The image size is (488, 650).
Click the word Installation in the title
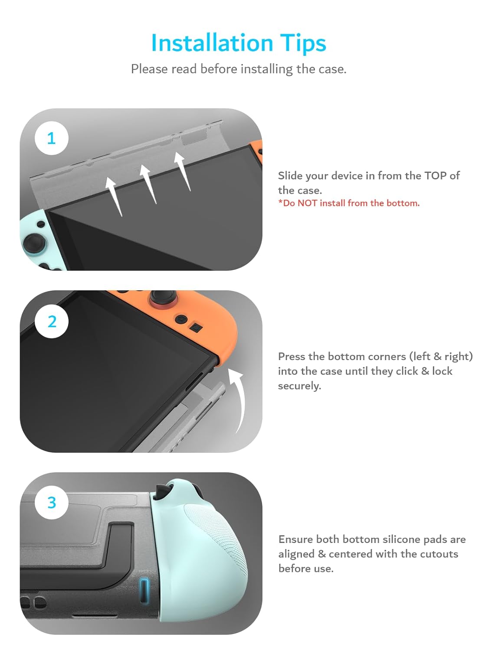(x=212, y=43)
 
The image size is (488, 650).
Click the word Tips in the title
(x=303, y=44)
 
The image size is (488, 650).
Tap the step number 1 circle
(x=52, y=138)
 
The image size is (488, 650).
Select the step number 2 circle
(x=52, y=321)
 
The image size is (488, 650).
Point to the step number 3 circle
(x=52, y=502)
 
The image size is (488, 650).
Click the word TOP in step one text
(x=435, y=175)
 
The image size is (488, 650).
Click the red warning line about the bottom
(x=349, y=203)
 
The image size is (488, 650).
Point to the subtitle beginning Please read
(x=239, y=69)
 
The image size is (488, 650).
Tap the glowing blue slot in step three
(x=144, y=590)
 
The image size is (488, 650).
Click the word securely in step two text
(x=299, y=386)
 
